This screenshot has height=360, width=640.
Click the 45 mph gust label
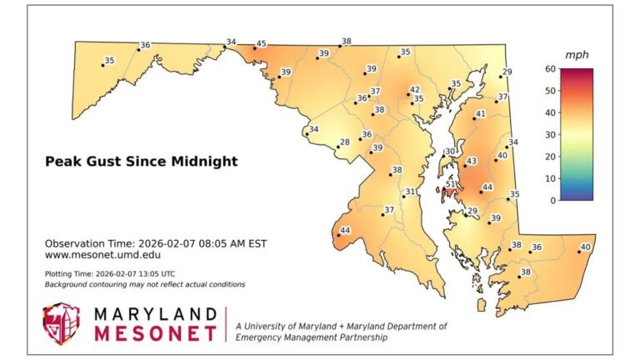point(261,44)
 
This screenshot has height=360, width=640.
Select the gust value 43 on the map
point(472,161)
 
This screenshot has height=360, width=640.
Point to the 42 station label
point(414,89)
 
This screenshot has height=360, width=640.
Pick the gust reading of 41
point(480,113)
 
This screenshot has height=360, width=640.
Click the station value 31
point(410,192)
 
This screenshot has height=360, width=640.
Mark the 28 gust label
point(344,143)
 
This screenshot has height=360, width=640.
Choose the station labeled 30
point(450,152)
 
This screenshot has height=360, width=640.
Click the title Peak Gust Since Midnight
point(141,161)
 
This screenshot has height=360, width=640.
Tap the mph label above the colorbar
point(577,54)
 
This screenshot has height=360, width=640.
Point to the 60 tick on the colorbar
point(551,69)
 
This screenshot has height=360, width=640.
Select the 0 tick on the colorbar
point(553,200)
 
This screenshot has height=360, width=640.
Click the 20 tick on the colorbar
point(551,157)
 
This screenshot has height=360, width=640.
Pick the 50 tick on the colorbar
point(551,91)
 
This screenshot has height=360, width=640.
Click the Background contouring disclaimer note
point(144,284)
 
